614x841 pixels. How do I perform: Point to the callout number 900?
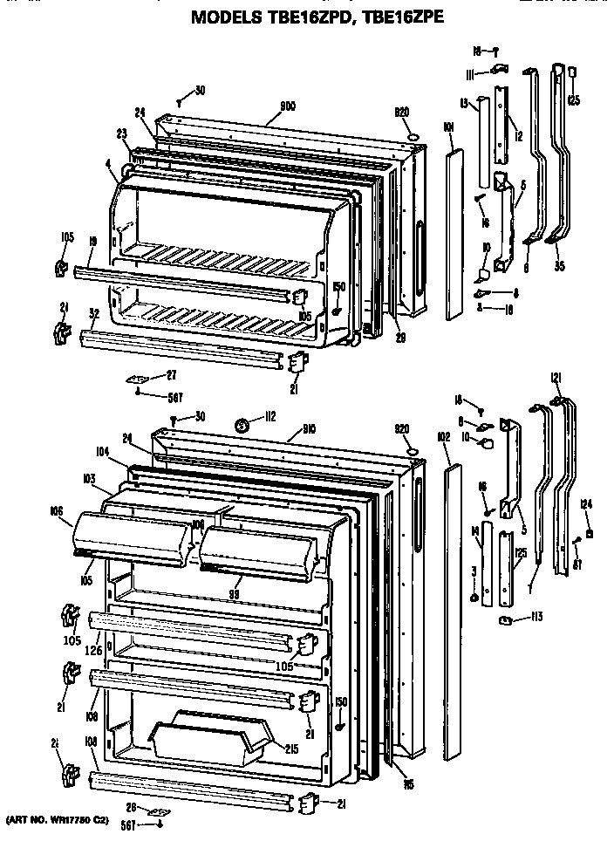point(288,106)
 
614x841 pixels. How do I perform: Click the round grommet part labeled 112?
point(240,427)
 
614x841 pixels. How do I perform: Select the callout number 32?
point(93,311)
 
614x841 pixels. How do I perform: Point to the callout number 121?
point(556,377)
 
